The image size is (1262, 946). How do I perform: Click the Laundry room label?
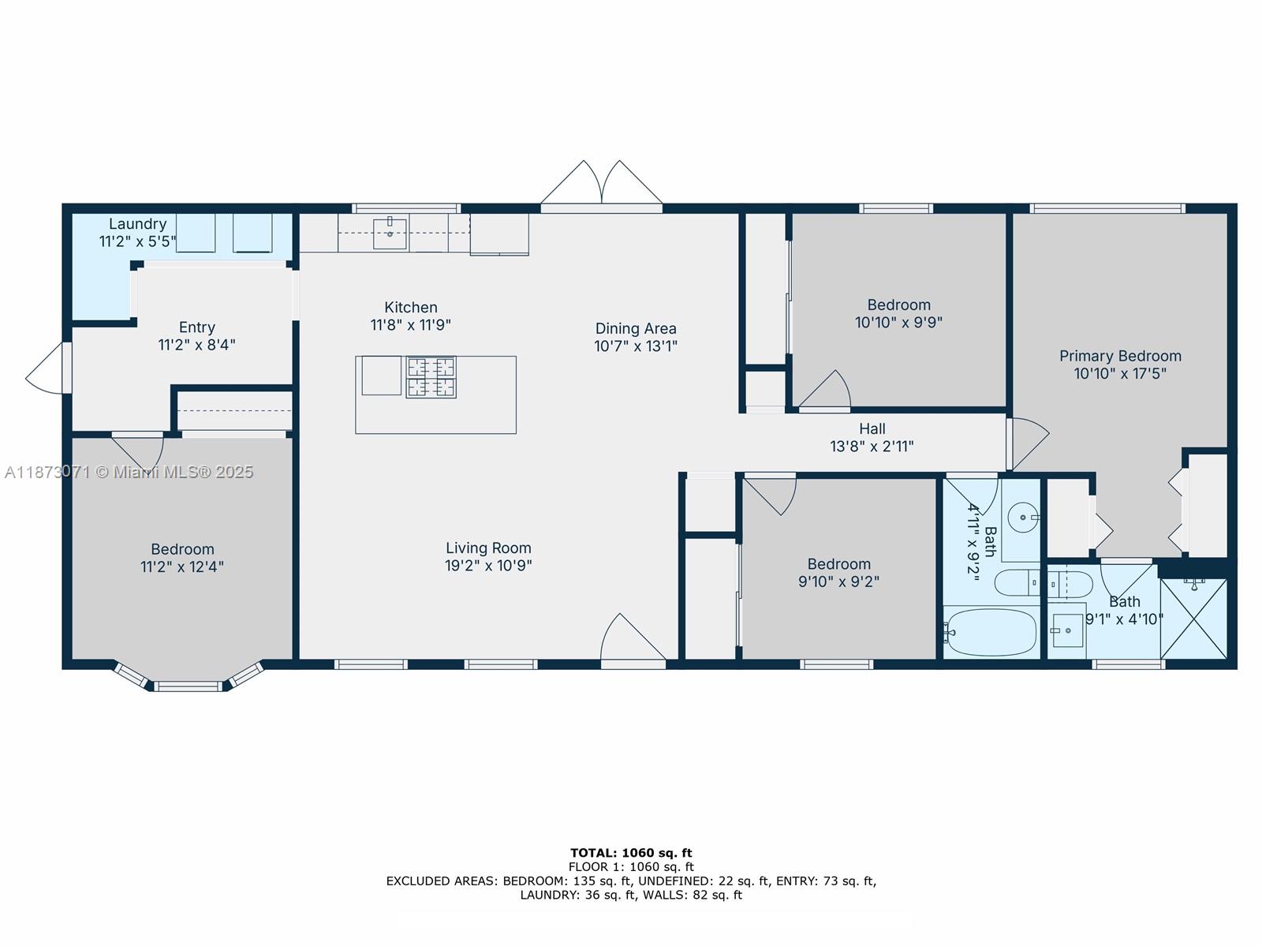(x=137, y=224)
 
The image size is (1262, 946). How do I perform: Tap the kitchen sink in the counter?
(x=390, y=234)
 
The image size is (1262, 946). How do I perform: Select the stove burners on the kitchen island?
(x=431, y=377)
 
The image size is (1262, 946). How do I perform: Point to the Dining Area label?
(x=635, y=328)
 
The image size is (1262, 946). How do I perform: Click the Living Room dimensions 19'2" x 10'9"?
(x=488, y=565)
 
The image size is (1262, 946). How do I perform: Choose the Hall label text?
(x=872, y=428)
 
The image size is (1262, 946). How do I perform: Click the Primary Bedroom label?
(x=1120, y=356)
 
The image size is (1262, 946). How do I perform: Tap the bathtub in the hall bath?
(x=991, y=632)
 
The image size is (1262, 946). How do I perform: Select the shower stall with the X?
(x=1193, y=619)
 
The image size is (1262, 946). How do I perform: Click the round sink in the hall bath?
(x=1023, y=518)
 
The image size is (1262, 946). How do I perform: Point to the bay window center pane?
(x=188, y=686)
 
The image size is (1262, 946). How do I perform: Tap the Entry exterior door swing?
(x=45, y=368)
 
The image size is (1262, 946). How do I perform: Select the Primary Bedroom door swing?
(x=1028, y=443)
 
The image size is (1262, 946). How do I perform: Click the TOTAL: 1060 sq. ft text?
(x=631, y=853)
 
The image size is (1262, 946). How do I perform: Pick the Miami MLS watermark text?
(x=129, y=472)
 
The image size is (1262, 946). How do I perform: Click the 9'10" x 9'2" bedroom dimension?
(x=839, y=581)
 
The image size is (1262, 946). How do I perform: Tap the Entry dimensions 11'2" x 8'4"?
(x=196, y=345)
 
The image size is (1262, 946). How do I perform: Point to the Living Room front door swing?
(x=633, y=638)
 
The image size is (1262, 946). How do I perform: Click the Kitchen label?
(x=410, y=307)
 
